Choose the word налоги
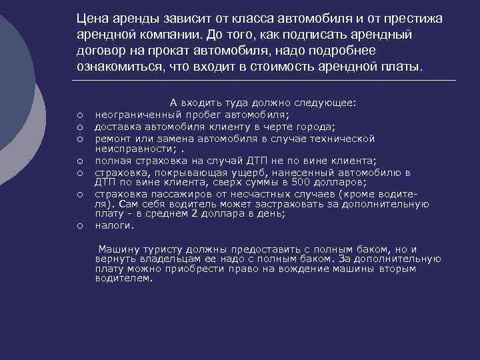click(x=110, y=226)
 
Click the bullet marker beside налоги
click(x=79, y=227)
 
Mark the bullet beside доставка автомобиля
click(x=79, y=127)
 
